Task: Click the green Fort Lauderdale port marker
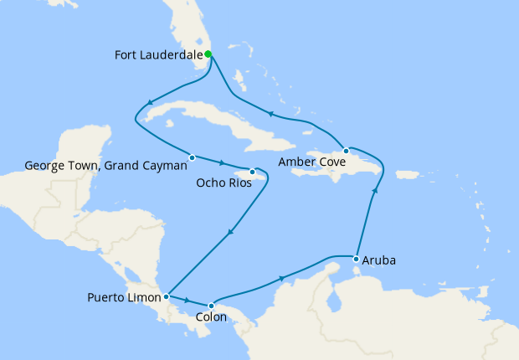coord(208,54)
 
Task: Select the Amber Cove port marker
coord(346,151)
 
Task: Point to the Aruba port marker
coord(357,258)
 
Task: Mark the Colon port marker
coord(212,305)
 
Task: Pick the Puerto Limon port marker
coord(167,296)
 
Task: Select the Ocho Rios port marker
coord(252,172)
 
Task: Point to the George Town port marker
coord(192,157)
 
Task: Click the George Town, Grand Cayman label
coord(106,166)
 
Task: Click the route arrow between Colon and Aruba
coord(282,277)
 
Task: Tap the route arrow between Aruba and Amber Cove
coord(374,191)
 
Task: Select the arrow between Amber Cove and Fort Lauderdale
coord(270,113)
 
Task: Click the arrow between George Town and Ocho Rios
coord(222,162)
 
